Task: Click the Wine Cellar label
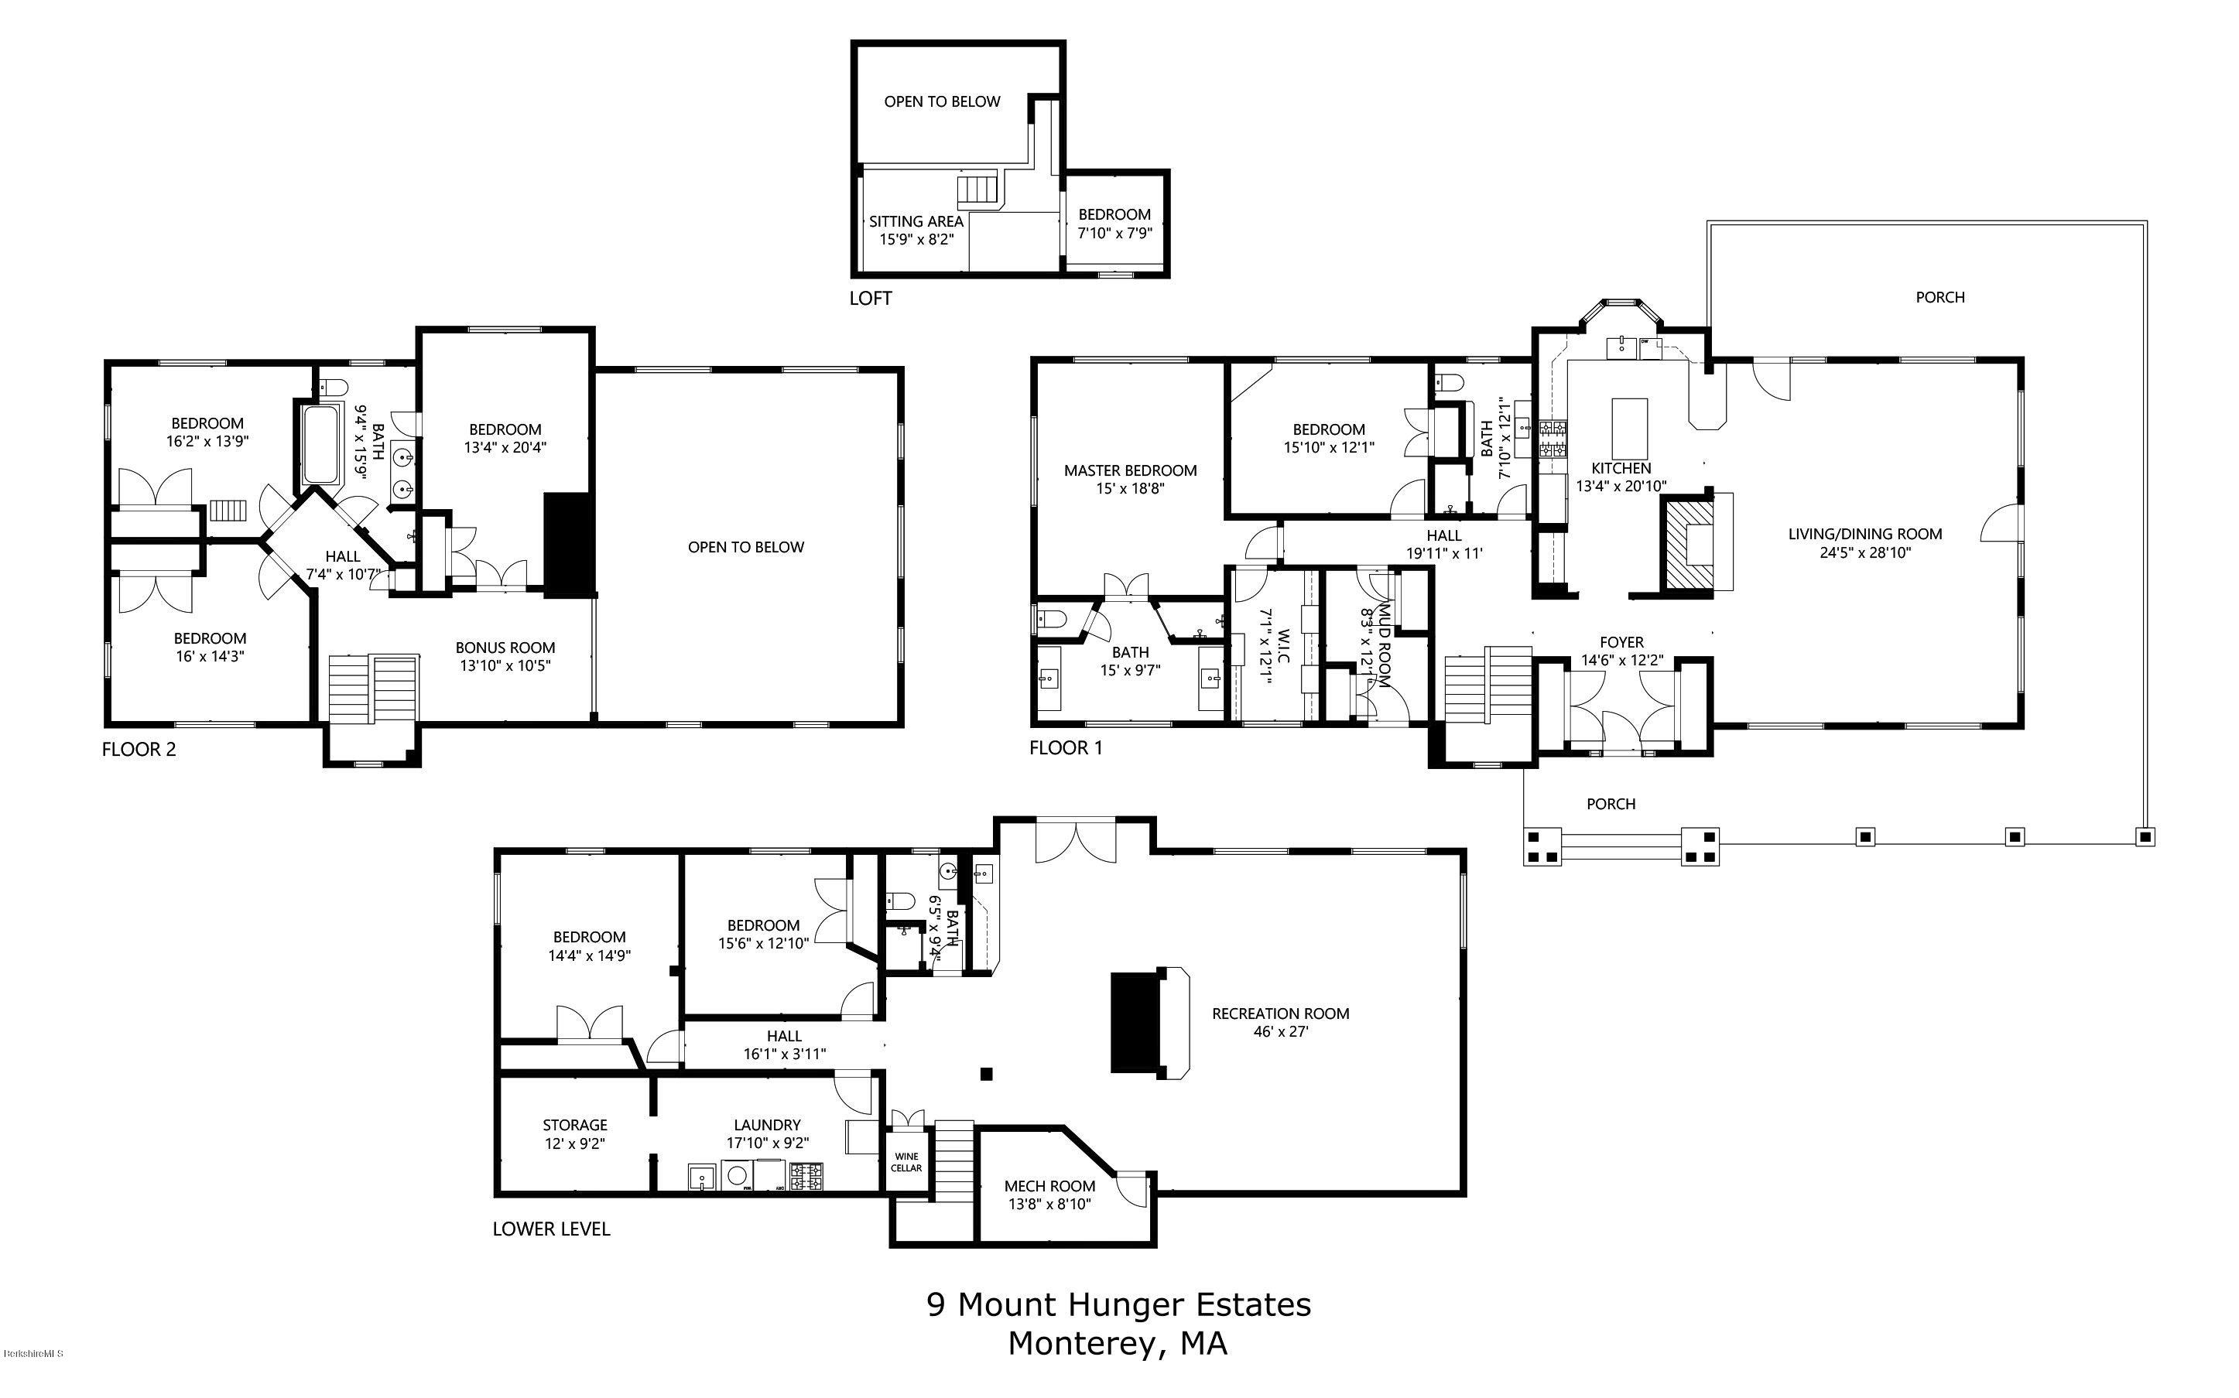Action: pos(906,1162)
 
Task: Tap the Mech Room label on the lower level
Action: pos(1049,1186)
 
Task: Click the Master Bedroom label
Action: pos(1130,470)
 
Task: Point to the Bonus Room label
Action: pos(505,648)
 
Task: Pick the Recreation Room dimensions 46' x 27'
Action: pos(1280,1032)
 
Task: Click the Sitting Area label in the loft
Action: pos(916,222)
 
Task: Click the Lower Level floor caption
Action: pos(551,1229)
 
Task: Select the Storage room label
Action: pos(574,1125)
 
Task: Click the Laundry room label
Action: pos(767,1125)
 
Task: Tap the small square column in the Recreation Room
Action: pos(986,1074)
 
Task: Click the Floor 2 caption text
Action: pos(139,749)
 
